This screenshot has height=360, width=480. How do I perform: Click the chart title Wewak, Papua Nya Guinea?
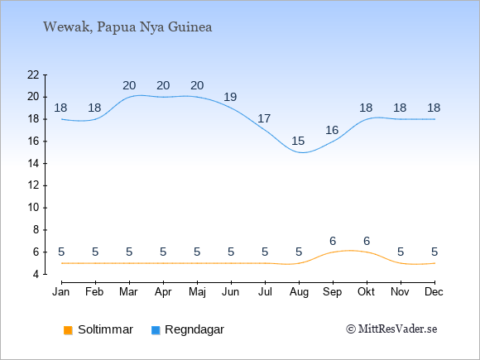tap(127, 27)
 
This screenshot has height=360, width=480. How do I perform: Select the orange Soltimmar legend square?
tap(68, 330)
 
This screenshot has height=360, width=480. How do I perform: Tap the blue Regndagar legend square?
tap(156, 330)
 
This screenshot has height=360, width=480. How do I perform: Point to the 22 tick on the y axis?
tap(33, 74)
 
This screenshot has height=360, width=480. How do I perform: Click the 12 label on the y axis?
tap(33, 185)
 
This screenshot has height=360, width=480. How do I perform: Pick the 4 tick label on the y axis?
tap(36, 274)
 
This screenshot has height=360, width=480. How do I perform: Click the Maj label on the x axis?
tap(197, 292)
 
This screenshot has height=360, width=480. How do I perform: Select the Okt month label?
tap(367, 291)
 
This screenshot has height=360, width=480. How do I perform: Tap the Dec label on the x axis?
tap(434, 291)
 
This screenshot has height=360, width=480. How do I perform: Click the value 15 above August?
tap(298, 141)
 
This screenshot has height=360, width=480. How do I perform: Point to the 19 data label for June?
tap(230, 97)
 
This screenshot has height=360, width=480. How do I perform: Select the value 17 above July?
tap(264, 118)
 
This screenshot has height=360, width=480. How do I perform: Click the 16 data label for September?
tap(332, 130)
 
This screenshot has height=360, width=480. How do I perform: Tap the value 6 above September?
tap(333, 241)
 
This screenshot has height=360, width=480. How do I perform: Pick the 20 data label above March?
tap(129, 85)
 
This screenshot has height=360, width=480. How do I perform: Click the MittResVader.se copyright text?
tap(391, 329)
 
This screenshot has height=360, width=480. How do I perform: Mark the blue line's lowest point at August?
tap(302, 152)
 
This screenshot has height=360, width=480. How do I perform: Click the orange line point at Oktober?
tap(367, 252)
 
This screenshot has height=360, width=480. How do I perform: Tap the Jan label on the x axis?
tap(61, 291)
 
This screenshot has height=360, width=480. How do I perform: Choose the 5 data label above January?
tap(61, 252)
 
